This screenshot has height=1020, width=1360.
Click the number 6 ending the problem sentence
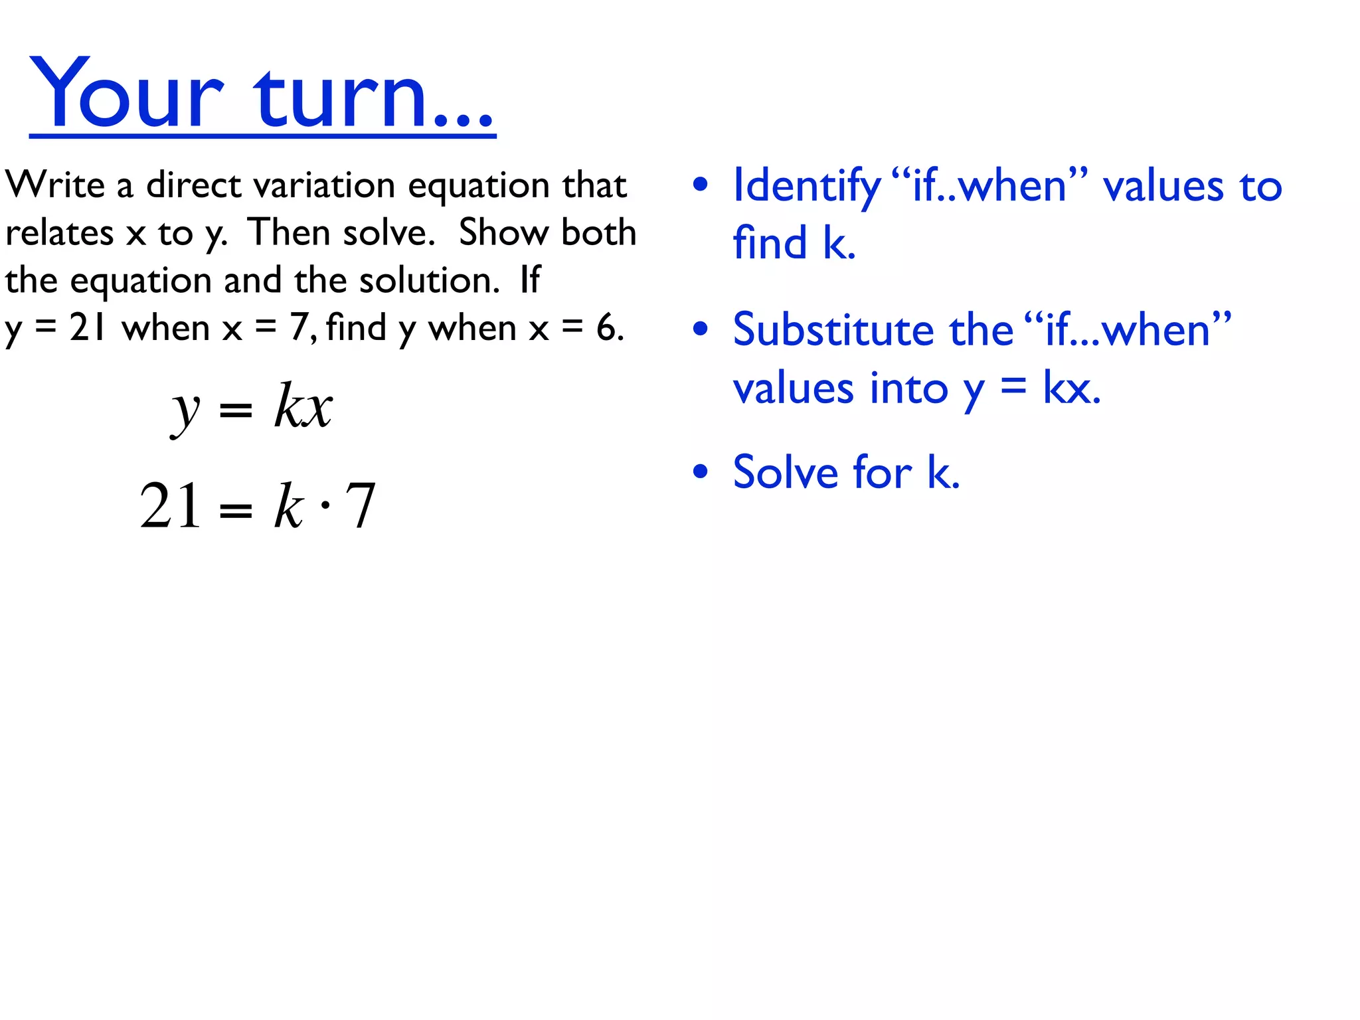[606, 327]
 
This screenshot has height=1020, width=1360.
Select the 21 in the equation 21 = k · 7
[170, 506]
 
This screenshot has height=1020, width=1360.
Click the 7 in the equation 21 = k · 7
[361, 506]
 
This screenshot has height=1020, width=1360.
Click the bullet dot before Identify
[700, 185]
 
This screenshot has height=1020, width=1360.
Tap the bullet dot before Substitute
[700, 329]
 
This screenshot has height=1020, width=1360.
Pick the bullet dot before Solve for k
[700, 472]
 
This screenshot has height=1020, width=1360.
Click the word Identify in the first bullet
[806, 186]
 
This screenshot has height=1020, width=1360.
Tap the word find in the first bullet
[770, 243]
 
